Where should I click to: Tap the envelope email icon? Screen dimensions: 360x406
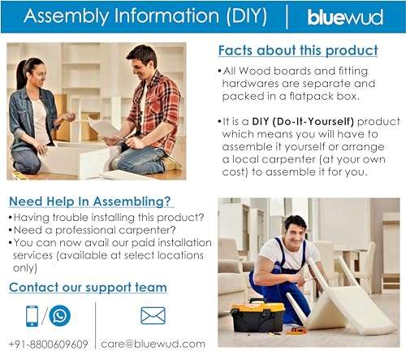[153, 315]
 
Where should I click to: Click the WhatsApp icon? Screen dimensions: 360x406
[59, 315]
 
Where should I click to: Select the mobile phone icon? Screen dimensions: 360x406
[32, 315]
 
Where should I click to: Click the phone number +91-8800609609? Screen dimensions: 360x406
[48, 344]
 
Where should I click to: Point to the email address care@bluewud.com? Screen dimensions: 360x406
[152, 344]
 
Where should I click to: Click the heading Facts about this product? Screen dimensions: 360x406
[298, 50]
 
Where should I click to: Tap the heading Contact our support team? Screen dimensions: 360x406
[88, 287]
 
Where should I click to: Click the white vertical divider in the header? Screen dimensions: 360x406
[286, 16]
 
